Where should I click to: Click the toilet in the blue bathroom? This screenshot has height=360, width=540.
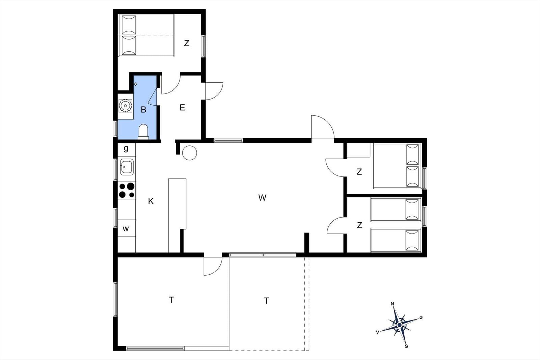pyautogui.click(x=143, y=132)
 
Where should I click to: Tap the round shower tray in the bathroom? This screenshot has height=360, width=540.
pyautogui.click(x=125, y=106)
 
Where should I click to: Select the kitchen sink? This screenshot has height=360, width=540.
pyautogui.click(x=127, y=167)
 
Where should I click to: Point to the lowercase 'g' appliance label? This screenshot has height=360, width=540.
pyautogui.click(x=126, y=149)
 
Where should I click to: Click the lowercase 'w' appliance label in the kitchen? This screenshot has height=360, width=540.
pyautogui.click(x=126, y=229)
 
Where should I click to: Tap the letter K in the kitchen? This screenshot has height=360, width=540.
pyautogui.click(x=151, y=201)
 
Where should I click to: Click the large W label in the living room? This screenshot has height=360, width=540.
pyautogui.click(x=262, y=198)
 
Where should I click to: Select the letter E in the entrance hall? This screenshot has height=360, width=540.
pyautogui.click(x=182, y=107)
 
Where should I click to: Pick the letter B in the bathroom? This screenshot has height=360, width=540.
pyautogui.click(x=143, y=110)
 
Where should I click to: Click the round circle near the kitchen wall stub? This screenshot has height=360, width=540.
pyautogui.click(x=189, y=153)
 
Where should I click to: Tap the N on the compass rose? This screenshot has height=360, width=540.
pyautogui.click(x=392, y=304)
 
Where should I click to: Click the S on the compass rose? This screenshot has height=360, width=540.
pyautogui.click(x=406, y=347)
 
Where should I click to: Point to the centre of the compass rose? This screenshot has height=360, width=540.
pyautogui.click(x=400, y=325)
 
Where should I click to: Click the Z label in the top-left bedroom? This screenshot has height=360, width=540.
pyautogui.click(x=187, y=43)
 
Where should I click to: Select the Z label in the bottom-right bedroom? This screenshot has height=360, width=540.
pyautogui.click(x=359, y=225)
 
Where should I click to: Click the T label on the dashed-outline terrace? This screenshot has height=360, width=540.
pyautogui.click(x=266, y=301)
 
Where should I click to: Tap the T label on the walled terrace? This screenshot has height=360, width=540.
pyautogui.click(x=171, y=300)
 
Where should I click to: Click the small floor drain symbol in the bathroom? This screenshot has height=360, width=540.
pyautogui.click(x=135, y=84)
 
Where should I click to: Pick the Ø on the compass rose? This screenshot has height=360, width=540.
pyautogui.click(x=421, y=317)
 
